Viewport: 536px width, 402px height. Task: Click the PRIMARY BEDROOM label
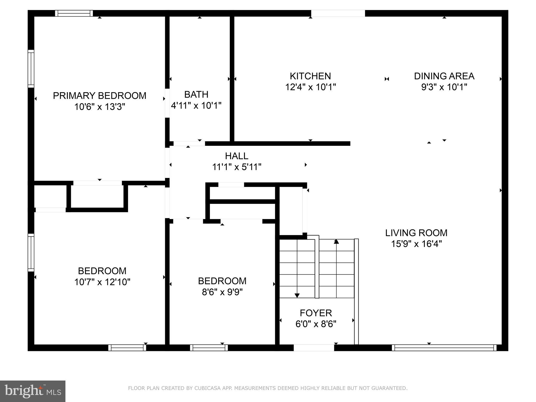coord(99,96)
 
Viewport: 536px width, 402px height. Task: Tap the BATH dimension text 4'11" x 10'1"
coord(196,105)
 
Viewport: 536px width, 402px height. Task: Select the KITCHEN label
coord(310,76)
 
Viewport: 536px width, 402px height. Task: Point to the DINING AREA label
coord(444,76)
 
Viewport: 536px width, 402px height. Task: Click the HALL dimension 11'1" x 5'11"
coord(237,167)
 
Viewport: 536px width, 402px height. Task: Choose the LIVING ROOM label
coord(416,233)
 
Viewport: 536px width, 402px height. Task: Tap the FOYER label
coord(316,313)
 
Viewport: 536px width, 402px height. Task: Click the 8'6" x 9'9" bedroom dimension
coord(222,292)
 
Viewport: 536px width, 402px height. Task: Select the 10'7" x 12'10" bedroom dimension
coord(102,282)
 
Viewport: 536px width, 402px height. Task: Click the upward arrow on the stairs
coord(336,242)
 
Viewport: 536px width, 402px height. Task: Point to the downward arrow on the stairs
coord(297,295)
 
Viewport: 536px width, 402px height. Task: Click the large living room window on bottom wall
coord(444,348)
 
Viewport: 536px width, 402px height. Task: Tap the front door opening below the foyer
coord(314,348)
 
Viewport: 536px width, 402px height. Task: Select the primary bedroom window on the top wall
coord(74,13)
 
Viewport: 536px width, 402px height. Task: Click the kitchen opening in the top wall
coord(338,13)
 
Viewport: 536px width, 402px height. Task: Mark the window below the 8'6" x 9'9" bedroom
coord(209,348)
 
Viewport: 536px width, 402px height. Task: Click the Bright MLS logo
coord(33,391)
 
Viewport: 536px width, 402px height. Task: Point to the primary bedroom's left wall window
coord(31,69)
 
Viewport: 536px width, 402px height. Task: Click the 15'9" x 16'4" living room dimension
coord(416,244)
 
